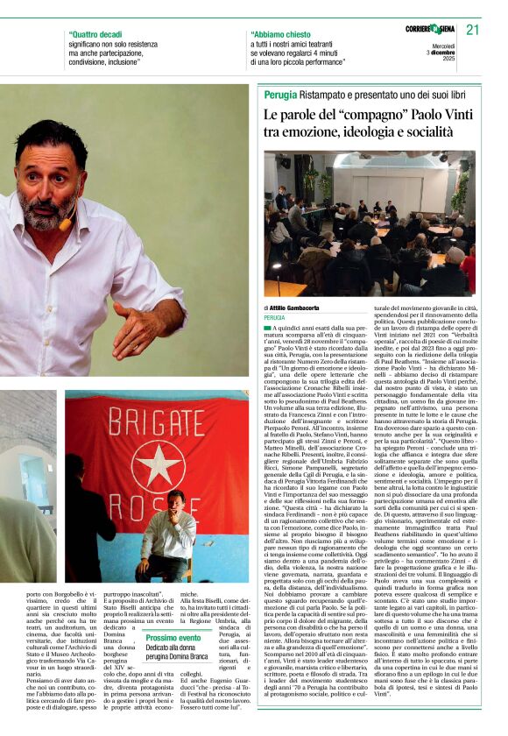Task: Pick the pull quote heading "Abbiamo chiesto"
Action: tap(278, 36)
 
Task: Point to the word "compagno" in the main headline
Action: tap(377, 114)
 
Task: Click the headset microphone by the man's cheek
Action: tap(65, 224)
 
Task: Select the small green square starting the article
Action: tap(267, 328)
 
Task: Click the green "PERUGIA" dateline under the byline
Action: tap(275, 318)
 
